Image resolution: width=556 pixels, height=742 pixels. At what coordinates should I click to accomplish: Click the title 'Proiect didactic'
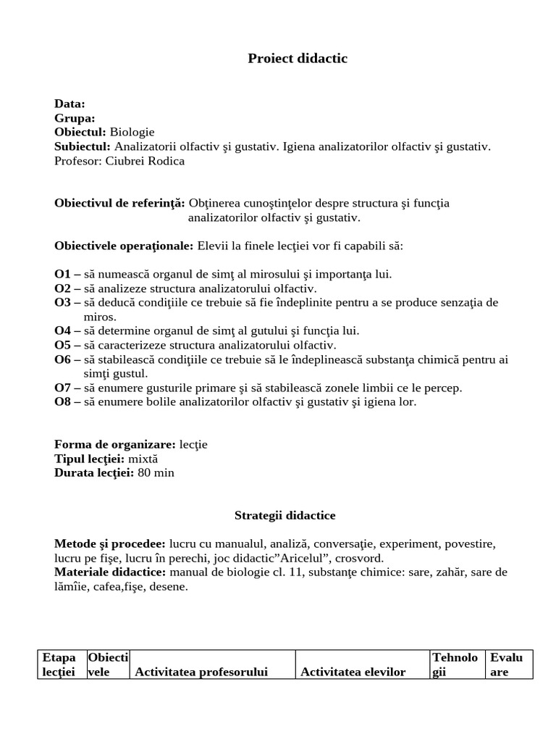click(x=298, y=59)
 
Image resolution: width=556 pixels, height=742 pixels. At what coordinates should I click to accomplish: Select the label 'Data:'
click(x=69, y=104)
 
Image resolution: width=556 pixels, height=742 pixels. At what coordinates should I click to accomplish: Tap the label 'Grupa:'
click(x=75, y=118)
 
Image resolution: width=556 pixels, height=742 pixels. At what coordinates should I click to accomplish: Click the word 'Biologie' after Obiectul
click(x=132, y=132)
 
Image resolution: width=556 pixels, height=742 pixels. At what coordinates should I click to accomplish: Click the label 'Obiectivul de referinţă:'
click(x=119, y=203)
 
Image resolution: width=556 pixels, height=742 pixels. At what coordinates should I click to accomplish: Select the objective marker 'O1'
click(x=62, y=274)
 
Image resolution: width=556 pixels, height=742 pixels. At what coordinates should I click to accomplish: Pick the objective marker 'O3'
click(x=62, y=302)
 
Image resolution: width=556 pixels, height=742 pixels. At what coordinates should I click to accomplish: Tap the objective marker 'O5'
click(x=62, y=345)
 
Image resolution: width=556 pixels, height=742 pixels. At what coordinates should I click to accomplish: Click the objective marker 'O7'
click(x=62, y=388)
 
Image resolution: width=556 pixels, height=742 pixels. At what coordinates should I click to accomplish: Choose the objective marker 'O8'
click(x=62, y=401)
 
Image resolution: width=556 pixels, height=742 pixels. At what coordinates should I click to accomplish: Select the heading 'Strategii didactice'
click(x=285, y=516)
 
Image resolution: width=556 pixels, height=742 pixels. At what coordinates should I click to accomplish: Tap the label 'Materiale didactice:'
click(x=110, y=572)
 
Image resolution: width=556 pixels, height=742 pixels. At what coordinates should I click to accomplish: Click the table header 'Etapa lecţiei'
click(x=59, y=664)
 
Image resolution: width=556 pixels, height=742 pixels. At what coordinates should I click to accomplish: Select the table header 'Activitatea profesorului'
click(x=201, y=672)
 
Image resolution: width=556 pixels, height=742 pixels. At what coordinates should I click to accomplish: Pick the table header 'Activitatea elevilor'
click(x=353, y=672)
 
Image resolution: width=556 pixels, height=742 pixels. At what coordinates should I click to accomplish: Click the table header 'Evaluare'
click(x=506, y=664)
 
